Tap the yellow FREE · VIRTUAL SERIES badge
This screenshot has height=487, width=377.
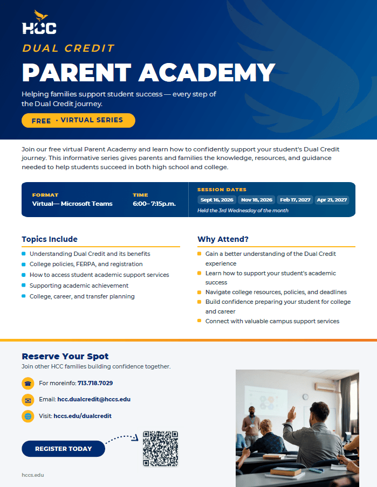78,121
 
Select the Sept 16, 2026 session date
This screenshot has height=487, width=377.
217,200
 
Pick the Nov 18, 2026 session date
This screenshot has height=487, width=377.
257,200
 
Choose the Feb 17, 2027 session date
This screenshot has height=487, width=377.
295,200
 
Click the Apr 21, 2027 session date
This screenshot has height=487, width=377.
332,200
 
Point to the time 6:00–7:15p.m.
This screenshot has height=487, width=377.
154,204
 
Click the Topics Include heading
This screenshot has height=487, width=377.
50,239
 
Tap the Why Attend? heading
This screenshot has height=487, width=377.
223,239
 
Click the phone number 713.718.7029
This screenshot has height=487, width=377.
95,383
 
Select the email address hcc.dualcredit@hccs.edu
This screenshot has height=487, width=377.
94,399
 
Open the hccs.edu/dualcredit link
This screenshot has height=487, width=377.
83,416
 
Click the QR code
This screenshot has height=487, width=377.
160,449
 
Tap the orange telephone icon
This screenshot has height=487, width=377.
28,383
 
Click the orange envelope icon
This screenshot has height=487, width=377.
28,400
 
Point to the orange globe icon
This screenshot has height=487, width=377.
28,416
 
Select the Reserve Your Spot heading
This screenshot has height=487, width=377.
65,356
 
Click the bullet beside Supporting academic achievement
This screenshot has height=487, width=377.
24,285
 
